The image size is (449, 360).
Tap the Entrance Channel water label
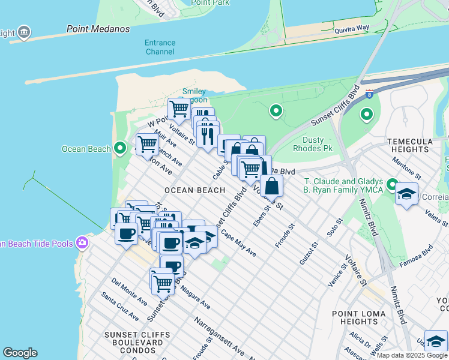(160, 47)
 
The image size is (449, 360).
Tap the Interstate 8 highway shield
(369, 94)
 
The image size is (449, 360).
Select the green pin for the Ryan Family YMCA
(392, 185)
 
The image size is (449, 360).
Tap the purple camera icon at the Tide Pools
(82, 243)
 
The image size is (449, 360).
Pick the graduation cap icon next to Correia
(407, 194)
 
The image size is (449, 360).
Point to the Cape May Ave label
(238, 244)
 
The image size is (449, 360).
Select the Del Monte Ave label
(129, 290)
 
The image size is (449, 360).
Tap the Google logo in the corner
(20, 353)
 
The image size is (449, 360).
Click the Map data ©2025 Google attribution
(412, 355)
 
